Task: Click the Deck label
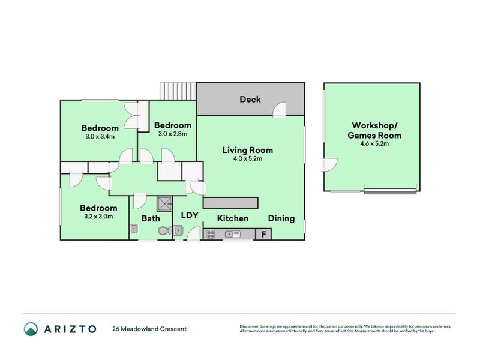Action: coord(250,99)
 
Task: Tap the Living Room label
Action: coord(248,150)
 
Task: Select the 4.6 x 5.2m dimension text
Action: coord(374,143)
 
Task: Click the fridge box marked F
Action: coord(263,234)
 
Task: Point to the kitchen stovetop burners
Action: coord(211,235)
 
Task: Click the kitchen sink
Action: coord(233,235)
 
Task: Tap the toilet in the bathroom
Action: coord(166,231)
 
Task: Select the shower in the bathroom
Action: coord(165,204)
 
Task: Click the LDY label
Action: coord(190,215)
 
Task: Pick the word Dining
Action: coord(281,218)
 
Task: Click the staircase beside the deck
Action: coord(178,91)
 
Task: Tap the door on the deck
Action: coord(280,110)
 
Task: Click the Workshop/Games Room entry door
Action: coord(329,164)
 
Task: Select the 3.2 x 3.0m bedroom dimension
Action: coord(98,217)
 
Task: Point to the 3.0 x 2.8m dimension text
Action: coord(173,134)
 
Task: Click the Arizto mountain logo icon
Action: coord(31,329)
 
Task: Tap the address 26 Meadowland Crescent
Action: coord(149,329)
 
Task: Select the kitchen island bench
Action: coord(231,203)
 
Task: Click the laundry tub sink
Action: coord(178,230)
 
